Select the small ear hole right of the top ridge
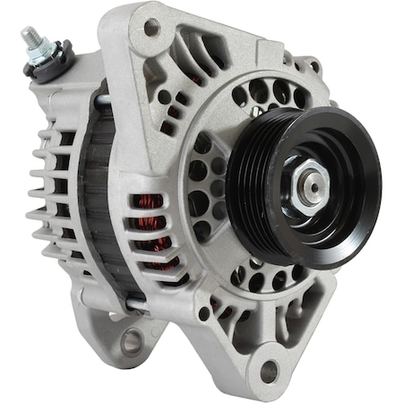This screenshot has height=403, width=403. tap(314, 65)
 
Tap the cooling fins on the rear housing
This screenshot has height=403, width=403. tap(45, 193)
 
